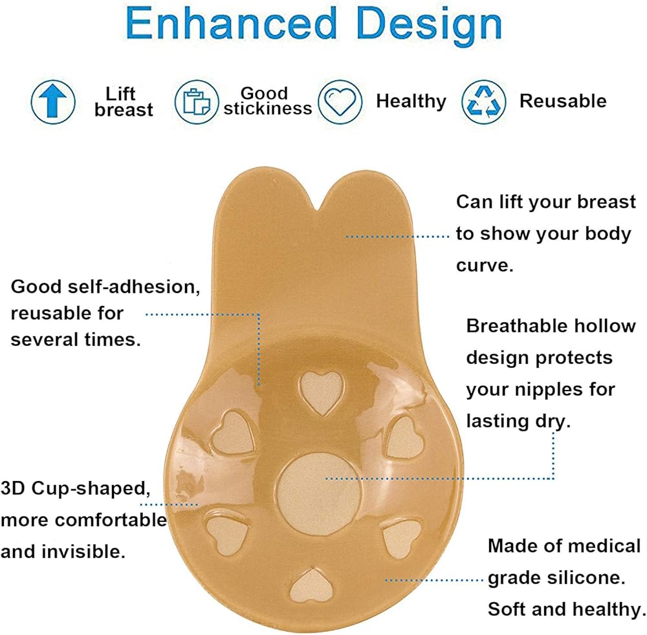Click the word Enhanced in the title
click(231, 24)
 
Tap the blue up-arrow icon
click(53, 102)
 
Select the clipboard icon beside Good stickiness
click(197, 102)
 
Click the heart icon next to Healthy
click(340, 102)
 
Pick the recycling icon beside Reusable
click(483, 102)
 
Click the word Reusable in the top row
click(563, 101)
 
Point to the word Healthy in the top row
click(411, 102)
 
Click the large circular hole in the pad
click(319, 494)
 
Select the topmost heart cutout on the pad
click(322, 393)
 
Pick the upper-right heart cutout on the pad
click(404, 437)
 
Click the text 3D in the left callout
click(13, 489)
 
